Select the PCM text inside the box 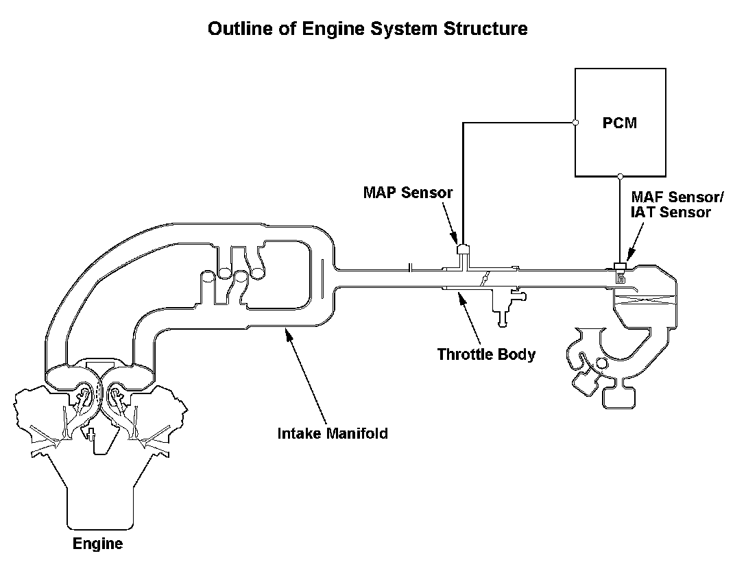coord(619,123)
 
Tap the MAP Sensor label coord(408,192)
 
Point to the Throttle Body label coord(486,354)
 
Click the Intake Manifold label coord(333,433)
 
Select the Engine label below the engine coord(97,544)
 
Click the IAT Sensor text coord(671,212)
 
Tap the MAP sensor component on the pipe coord(463,250)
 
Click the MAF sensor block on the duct coord(620,265)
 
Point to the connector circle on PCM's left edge coord(575,122)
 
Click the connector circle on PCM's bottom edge coord(620,176)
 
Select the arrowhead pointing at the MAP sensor coord(453,237)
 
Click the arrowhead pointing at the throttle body coord(459,297)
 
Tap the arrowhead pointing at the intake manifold coord(287,333)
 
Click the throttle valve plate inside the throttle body coord(485,278)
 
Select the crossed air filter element coord(645,300)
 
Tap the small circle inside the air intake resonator coord(602,364)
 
